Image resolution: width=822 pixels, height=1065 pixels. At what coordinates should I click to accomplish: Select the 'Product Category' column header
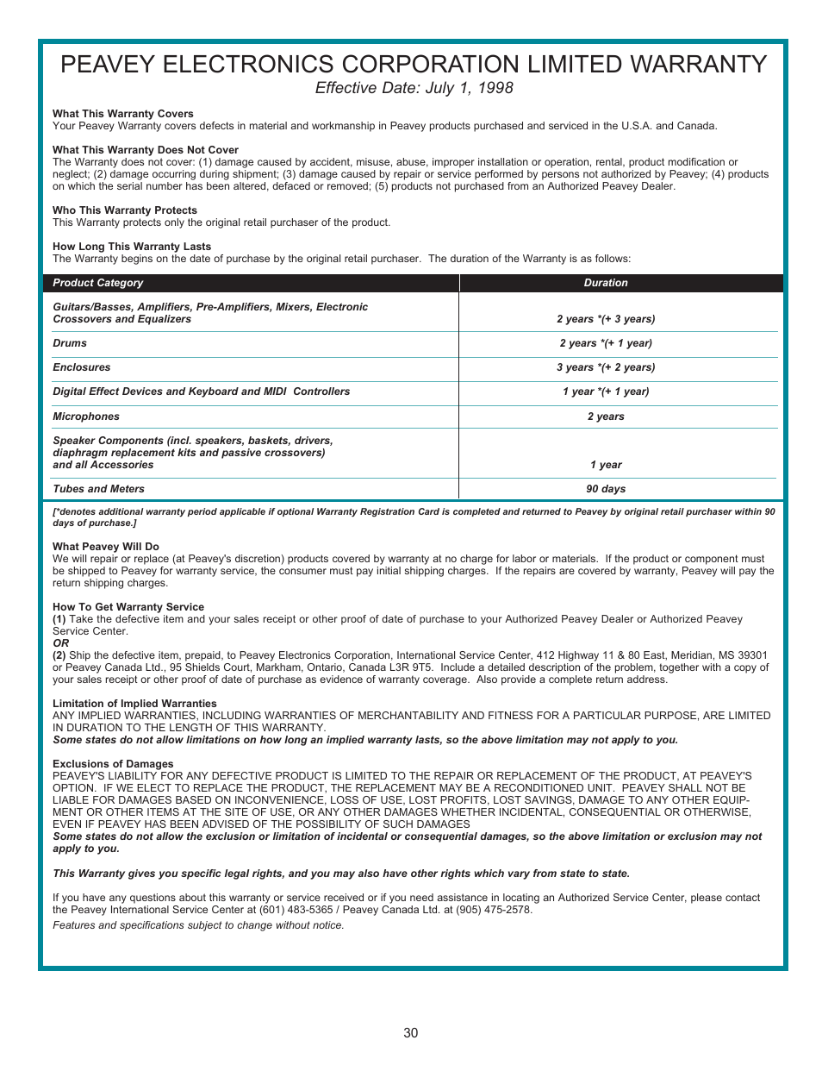pos(98,283)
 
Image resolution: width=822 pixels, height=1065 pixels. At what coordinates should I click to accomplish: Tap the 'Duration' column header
pos(606,283)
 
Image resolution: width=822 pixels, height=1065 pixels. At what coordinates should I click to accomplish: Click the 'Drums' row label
pos(70,343)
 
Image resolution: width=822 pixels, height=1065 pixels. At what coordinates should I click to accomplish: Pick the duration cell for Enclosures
pos(606,367)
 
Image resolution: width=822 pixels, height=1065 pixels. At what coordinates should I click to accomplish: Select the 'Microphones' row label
pos(86,417)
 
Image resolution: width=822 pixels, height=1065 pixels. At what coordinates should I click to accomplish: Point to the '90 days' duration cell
pos(606,489)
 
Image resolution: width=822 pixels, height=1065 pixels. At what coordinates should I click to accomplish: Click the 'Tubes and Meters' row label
pos(98,489)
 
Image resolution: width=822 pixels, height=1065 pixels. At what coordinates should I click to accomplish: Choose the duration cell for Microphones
pos(606,417)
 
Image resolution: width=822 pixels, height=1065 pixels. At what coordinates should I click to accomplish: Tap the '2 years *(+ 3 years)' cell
pos(606,319)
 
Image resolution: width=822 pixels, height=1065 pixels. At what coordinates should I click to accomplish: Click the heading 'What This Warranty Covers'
pos(123,114)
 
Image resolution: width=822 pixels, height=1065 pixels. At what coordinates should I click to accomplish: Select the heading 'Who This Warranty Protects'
pos(125,210)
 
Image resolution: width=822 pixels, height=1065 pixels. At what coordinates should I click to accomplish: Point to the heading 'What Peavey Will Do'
pos(106,547)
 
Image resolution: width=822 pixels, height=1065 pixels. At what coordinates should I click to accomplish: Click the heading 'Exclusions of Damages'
pos(113,764)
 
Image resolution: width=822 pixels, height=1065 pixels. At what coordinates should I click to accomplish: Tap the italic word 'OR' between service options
pos(60,643)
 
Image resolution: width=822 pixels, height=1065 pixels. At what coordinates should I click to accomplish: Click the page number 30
pos(411,1033)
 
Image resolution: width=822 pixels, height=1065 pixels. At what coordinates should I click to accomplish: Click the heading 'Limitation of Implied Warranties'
pos(134,704)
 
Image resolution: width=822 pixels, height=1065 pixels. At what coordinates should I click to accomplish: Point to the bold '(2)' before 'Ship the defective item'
pos(59,655)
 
